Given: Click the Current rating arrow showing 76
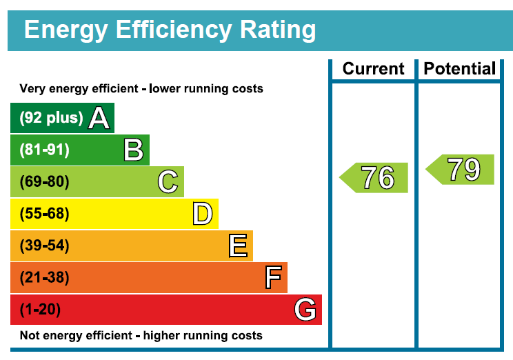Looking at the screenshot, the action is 374,177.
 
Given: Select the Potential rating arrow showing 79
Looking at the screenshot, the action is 460,169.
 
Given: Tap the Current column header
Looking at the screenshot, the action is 373,69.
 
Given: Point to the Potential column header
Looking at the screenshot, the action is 460,69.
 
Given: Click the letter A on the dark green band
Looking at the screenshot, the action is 99,118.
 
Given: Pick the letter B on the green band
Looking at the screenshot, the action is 134,150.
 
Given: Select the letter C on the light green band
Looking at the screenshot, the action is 168,181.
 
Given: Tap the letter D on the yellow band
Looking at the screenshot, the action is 203,213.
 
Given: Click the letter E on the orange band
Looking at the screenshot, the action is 238,246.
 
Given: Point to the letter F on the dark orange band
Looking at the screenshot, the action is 273,277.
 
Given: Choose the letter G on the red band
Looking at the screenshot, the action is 305,309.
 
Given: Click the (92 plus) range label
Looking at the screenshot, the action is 51,118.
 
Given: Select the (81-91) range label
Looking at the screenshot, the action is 45,150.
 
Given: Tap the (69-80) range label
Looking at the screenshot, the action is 45,181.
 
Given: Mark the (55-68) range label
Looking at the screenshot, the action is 45,213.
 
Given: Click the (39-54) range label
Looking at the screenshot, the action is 45,246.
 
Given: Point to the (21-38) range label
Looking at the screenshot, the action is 45,277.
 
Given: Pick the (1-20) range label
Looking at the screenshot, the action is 40,309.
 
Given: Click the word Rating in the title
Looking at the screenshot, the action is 278,30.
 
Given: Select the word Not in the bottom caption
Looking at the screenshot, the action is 30,335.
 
